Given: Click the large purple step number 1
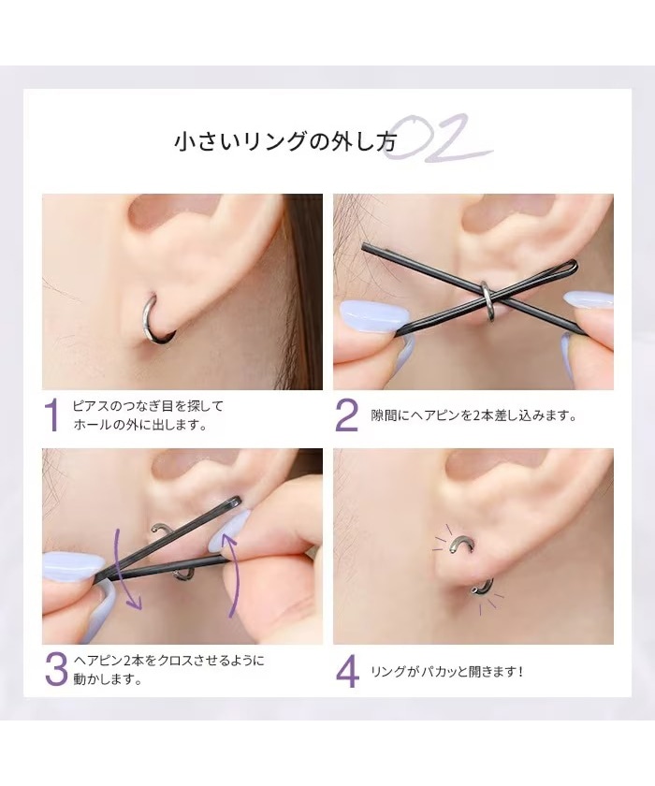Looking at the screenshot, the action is click(x=51, y=415).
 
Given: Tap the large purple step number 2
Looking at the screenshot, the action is click(x=346, y=415).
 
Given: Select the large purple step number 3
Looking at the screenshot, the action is click(x=56, y=670).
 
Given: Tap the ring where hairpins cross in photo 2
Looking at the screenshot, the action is click(x=488, y=299).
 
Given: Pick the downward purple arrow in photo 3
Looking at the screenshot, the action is click(x=127, y=569).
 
